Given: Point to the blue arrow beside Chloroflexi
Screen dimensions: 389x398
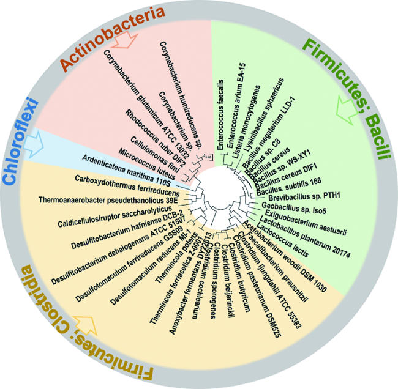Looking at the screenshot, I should pos(54,144).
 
